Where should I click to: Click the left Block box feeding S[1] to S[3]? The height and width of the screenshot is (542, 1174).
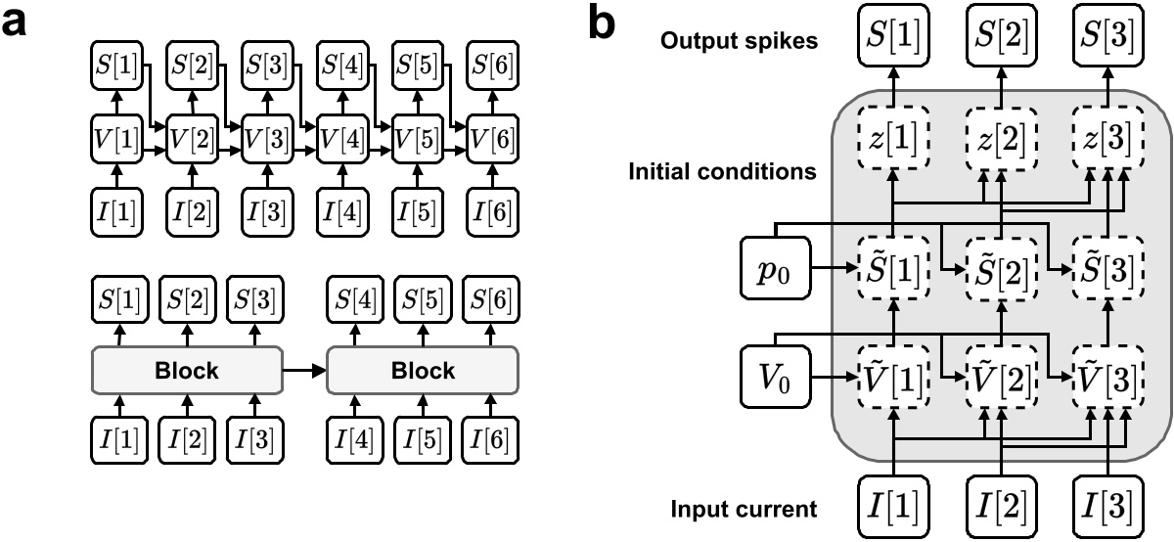tap(190, 371)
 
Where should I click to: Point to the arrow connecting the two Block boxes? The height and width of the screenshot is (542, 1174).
tap(303, 371)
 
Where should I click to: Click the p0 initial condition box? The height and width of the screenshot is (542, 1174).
tap(775, 266)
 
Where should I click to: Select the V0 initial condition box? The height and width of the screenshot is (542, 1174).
tap(775, 376)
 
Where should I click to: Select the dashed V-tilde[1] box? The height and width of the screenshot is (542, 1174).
tap(894, 376)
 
